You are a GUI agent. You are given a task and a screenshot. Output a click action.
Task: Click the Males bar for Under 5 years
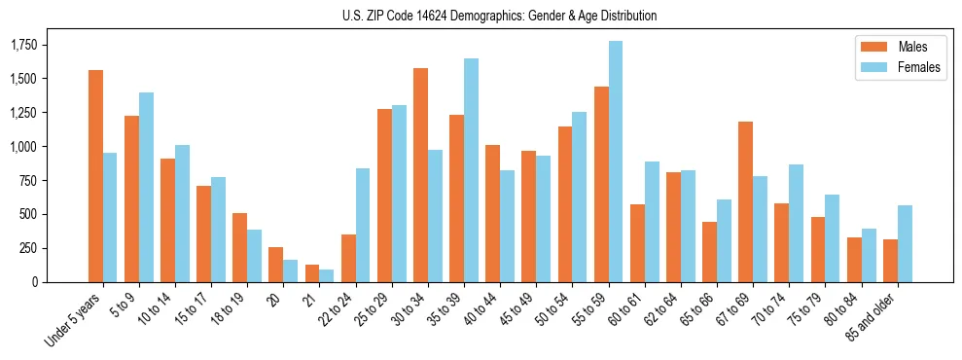coord(95,176)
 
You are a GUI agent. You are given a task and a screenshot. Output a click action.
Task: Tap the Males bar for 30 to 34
coord(420,175)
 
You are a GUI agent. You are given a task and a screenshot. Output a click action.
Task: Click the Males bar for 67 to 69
coord(745,201)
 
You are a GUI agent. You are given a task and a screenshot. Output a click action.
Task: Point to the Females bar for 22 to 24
coord(363,225)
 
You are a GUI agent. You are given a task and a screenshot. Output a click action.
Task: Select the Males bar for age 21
coord(312,273)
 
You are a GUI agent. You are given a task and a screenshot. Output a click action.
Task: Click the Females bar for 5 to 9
coord(146,187)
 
